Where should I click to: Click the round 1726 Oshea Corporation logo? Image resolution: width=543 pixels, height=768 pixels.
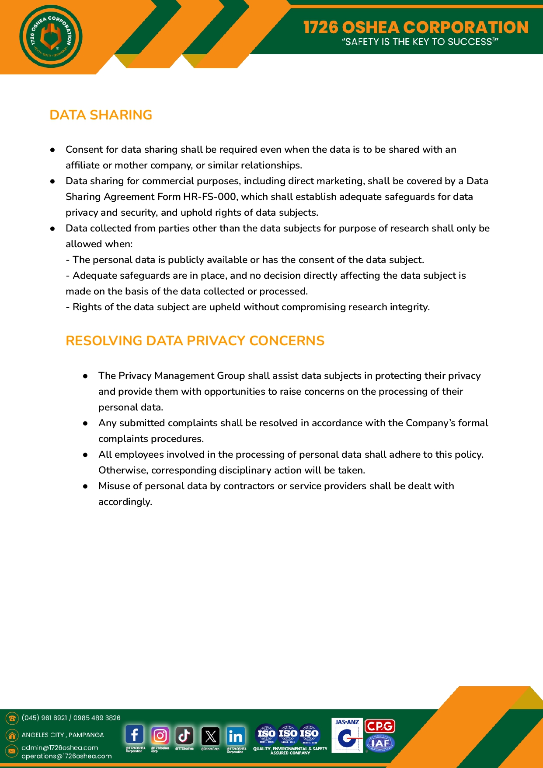tap(51, 36)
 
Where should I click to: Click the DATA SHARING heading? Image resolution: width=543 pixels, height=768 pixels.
tap(101, 115)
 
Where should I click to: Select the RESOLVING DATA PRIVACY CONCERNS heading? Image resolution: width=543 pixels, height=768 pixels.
tap(195, 340)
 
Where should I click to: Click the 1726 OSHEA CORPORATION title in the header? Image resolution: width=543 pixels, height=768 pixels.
tap(416, 27)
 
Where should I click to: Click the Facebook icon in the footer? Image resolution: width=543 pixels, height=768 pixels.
tap(135, 735)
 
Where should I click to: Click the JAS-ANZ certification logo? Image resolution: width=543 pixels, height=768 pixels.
tap(347, 736)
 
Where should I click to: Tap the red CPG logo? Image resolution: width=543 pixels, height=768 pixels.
tap(379, 726)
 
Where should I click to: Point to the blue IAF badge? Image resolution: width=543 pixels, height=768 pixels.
tap(380, 743)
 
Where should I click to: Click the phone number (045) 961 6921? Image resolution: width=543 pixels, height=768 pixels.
tap(44, 718)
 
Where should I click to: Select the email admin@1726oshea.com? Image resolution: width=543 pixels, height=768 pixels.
tap(60, 747)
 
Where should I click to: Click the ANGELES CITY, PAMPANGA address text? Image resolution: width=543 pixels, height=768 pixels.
tap(63, 735)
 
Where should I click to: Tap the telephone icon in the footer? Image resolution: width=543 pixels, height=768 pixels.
tap(12, 718)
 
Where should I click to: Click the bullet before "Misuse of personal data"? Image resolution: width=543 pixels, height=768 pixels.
tap(86, 486)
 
